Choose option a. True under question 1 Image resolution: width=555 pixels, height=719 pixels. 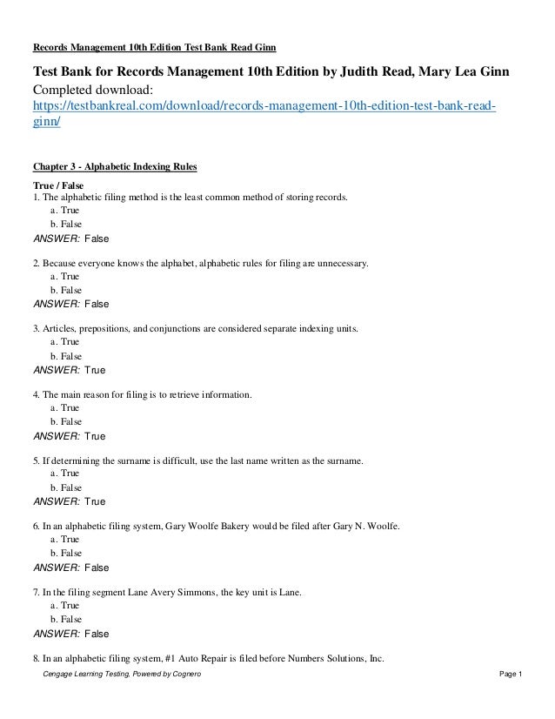click(x=66, y=211)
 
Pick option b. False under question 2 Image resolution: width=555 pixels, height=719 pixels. click(x=66, y=290)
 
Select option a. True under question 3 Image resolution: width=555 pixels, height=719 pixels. click(x=66, y=343)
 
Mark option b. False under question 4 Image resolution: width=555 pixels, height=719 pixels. click(x=66, y=422)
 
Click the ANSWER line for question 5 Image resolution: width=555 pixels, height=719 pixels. click(x=69, y=502)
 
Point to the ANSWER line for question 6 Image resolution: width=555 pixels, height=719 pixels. click(x=70, y=568)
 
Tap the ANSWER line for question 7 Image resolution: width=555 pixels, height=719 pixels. click(x=70, y=635)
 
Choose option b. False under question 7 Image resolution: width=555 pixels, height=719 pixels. click(x=66, y=620)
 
